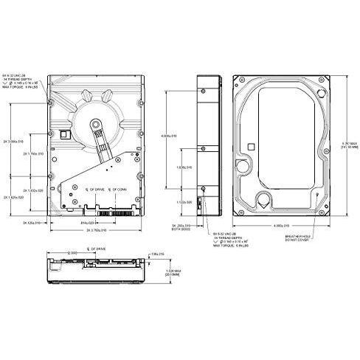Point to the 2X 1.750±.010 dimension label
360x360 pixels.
pyautogui.click(x=33, y=153)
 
